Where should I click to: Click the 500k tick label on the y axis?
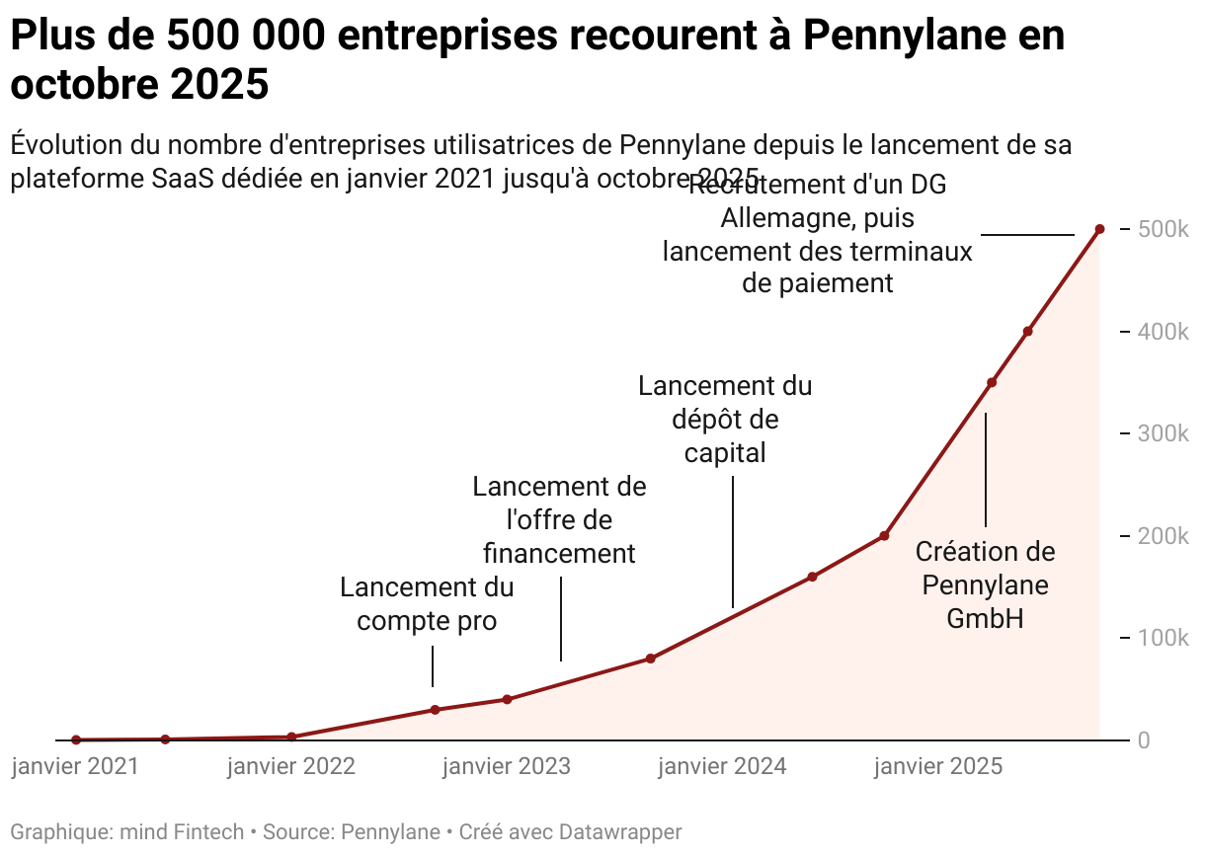point(1163,229)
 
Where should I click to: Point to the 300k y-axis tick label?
point(1163,433)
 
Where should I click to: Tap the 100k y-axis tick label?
point(1163,638)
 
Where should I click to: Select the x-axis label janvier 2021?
point(76,767)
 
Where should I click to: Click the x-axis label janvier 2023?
point(507,767)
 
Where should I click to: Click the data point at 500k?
point(1099,229)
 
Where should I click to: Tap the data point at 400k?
point(1028,332)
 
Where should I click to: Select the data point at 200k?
point(884,536)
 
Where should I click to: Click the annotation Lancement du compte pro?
point(427,604)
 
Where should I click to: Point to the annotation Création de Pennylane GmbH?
point(985,584)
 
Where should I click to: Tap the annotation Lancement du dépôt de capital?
point(725,419)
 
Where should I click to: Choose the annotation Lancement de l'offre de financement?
point(559,519)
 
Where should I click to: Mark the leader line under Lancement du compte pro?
point(433,666)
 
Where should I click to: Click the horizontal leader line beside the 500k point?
point(1027,235)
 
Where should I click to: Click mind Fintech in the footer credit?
point(181,832)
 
